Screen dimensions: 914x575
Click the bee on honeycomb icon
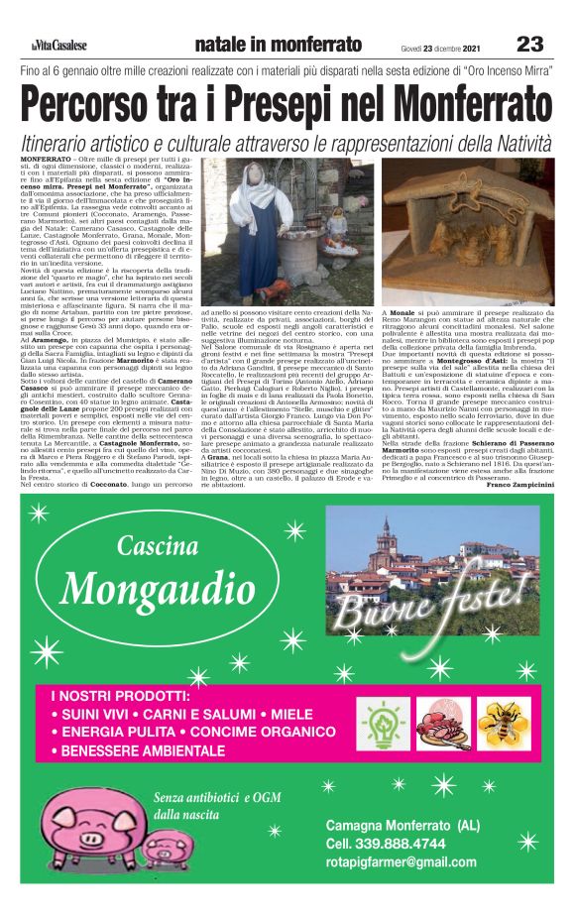click(x=501, y=724)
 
